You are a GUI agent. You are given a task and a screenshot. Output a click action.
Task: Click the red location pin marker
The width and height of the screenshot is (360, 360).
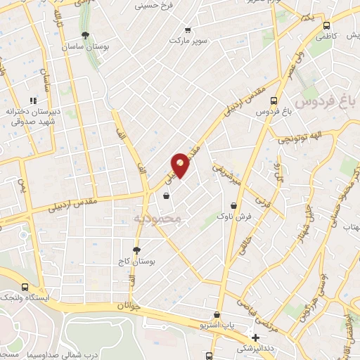pyautogui.click(x=181, y=165)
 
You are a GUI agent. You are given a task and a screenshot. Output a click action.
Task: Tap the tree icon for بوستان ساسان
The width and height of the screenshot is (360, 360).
pyautogui.click(x=86, y=35)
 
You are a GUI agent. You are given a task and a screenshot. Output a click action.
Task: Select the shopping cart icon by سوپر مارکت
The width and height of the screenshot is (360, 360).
pyautogui.click(x=187, y=30)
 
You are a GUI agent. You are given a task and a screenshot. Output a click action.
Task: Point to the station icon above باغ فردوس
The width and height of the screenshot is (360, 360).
pyautogui.click(x=274, y=100)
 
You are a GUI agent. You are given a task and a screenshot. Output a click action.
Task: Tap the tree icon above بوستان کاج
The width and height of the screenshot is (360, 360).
pyautogui.click(x=137, y=250)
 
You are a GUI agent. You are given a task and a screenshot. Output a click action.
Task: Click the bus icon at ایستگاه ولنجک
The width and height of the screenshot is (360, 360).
pyautogui.click(x=25, y=287)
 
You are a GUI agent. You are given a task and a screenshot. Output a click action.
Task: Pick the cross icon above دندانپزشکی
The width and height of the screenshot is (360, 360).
pyautogui.click(x=256, y=337)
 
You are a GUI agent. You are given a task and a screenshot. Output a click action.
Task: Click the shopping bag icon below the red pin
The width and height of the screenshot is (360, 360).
pyautogui.click(x=166, y=197)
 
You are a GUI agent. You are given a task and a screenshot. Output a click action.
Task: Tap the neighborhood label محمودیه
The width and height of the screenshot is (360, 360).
pyautogui.click(x=157, y=219)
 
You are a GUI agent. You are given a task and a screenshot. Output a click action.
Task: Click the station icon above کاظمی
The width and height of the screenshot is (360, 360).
pyautogui.click(x=326, y=25)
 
